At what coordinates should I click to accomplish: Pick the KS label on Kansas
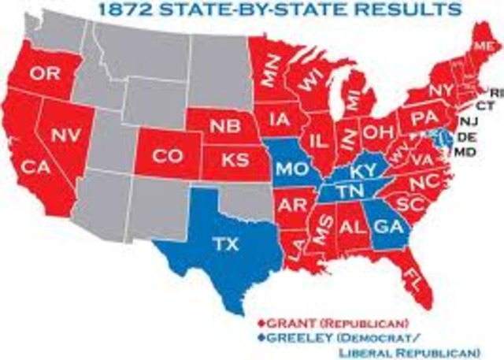click(231, 159)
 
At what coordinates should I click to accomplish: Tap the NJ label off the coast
click(469, 121)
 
